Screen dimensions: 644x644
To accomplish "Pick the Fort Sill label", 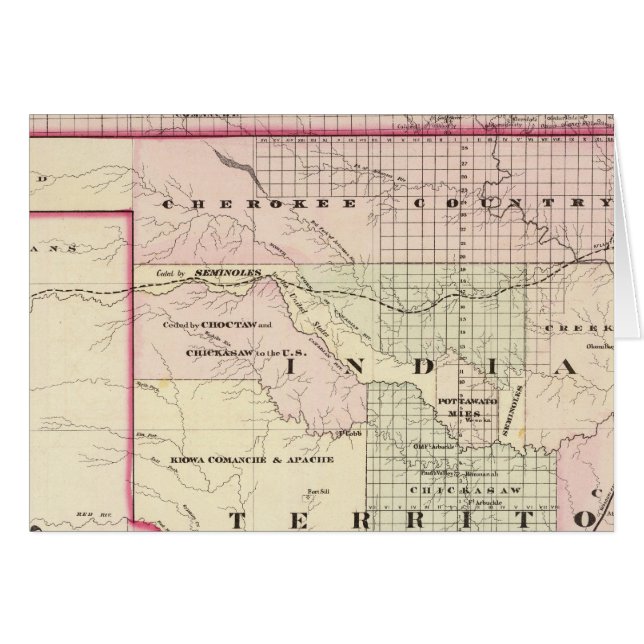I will click(318, 490).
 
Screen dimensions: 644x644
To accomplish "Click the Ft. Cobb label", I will click(349, 434).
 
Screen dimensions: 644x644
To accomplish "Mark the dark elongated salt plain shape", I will click(243, 167).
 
